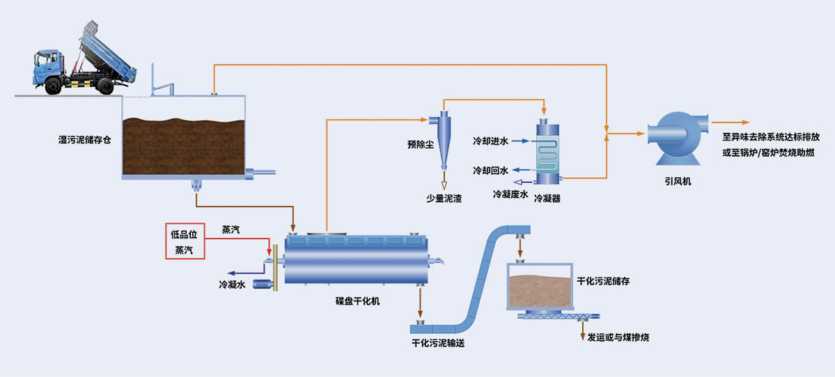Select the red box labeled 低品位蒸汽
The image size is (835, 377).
point(185,241)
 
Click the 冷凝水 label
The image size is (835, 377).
point(232,284)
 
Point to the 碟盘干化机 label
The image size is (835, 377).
point(357,302)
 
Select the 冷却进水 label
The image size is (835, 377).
point(490,141)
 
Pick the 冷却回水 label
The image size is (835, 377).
point(490,170)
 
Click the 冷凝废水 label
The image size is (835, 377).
point(510,194)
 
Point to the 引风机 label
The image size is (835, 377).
point(678,182)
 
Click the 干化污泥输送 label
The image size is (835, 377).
point(438,343)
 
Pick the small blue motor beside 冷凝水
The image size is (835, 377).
point(263,284)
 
